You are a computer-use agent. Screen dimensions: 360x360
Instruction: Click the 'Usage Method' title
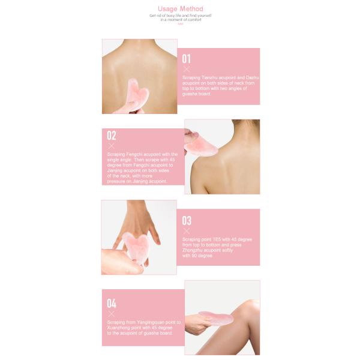180,9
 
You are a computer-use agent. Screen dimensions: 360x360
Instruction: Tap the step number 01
186,59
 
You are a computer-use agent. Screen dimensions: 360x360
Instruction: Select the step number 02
112,136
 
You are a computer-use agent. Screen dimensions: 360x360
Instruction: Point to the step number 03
187,220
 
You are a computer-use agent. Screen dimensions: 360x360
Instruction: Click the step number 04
111,303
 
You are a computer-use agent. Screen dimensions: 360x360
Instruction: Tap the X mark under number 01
186,69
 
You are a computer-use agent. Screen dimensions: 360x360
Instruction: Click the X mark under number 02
111,146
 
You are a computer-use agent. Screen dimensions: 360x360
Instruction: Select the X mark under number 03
186,230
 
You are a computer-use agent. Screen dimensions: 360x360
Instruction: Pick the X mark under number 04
111,313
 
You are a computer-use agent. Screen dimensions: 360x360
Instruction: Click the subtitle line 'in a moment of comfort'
180,19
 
